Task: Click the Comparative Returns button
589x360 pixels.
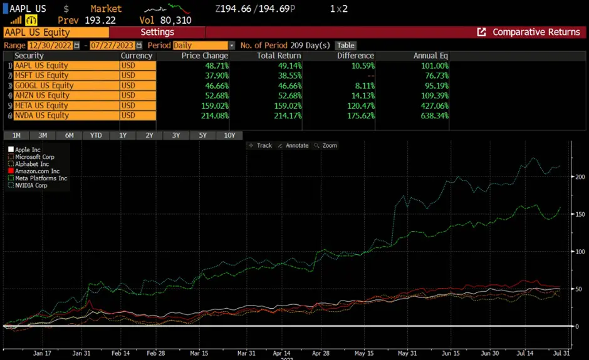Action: [x=529, y=32]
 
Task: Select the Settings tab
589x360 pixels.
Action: [x=157, y=32]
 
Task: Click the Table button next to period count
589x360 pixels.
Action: [x=345, y=45]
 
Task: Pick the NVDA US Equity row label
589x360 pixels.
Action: [x=41, y=115]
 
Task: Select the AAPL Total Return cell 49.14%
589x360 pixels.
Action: [x=274, y=65]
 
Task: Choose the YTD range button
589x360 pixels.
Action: [x=96, y=135]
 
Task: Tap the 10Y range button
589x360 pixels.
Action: [x=229, y=135]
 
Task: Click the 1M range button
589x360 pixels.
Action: [x=16, y=135]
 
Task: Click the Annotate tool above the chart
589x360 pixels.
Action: [x=293, y=145]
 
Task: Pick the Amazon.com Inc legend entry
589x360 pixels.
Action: [x=37, y=171]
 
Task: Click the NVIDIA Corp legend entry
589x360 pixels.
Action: [x=31, y=185]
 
